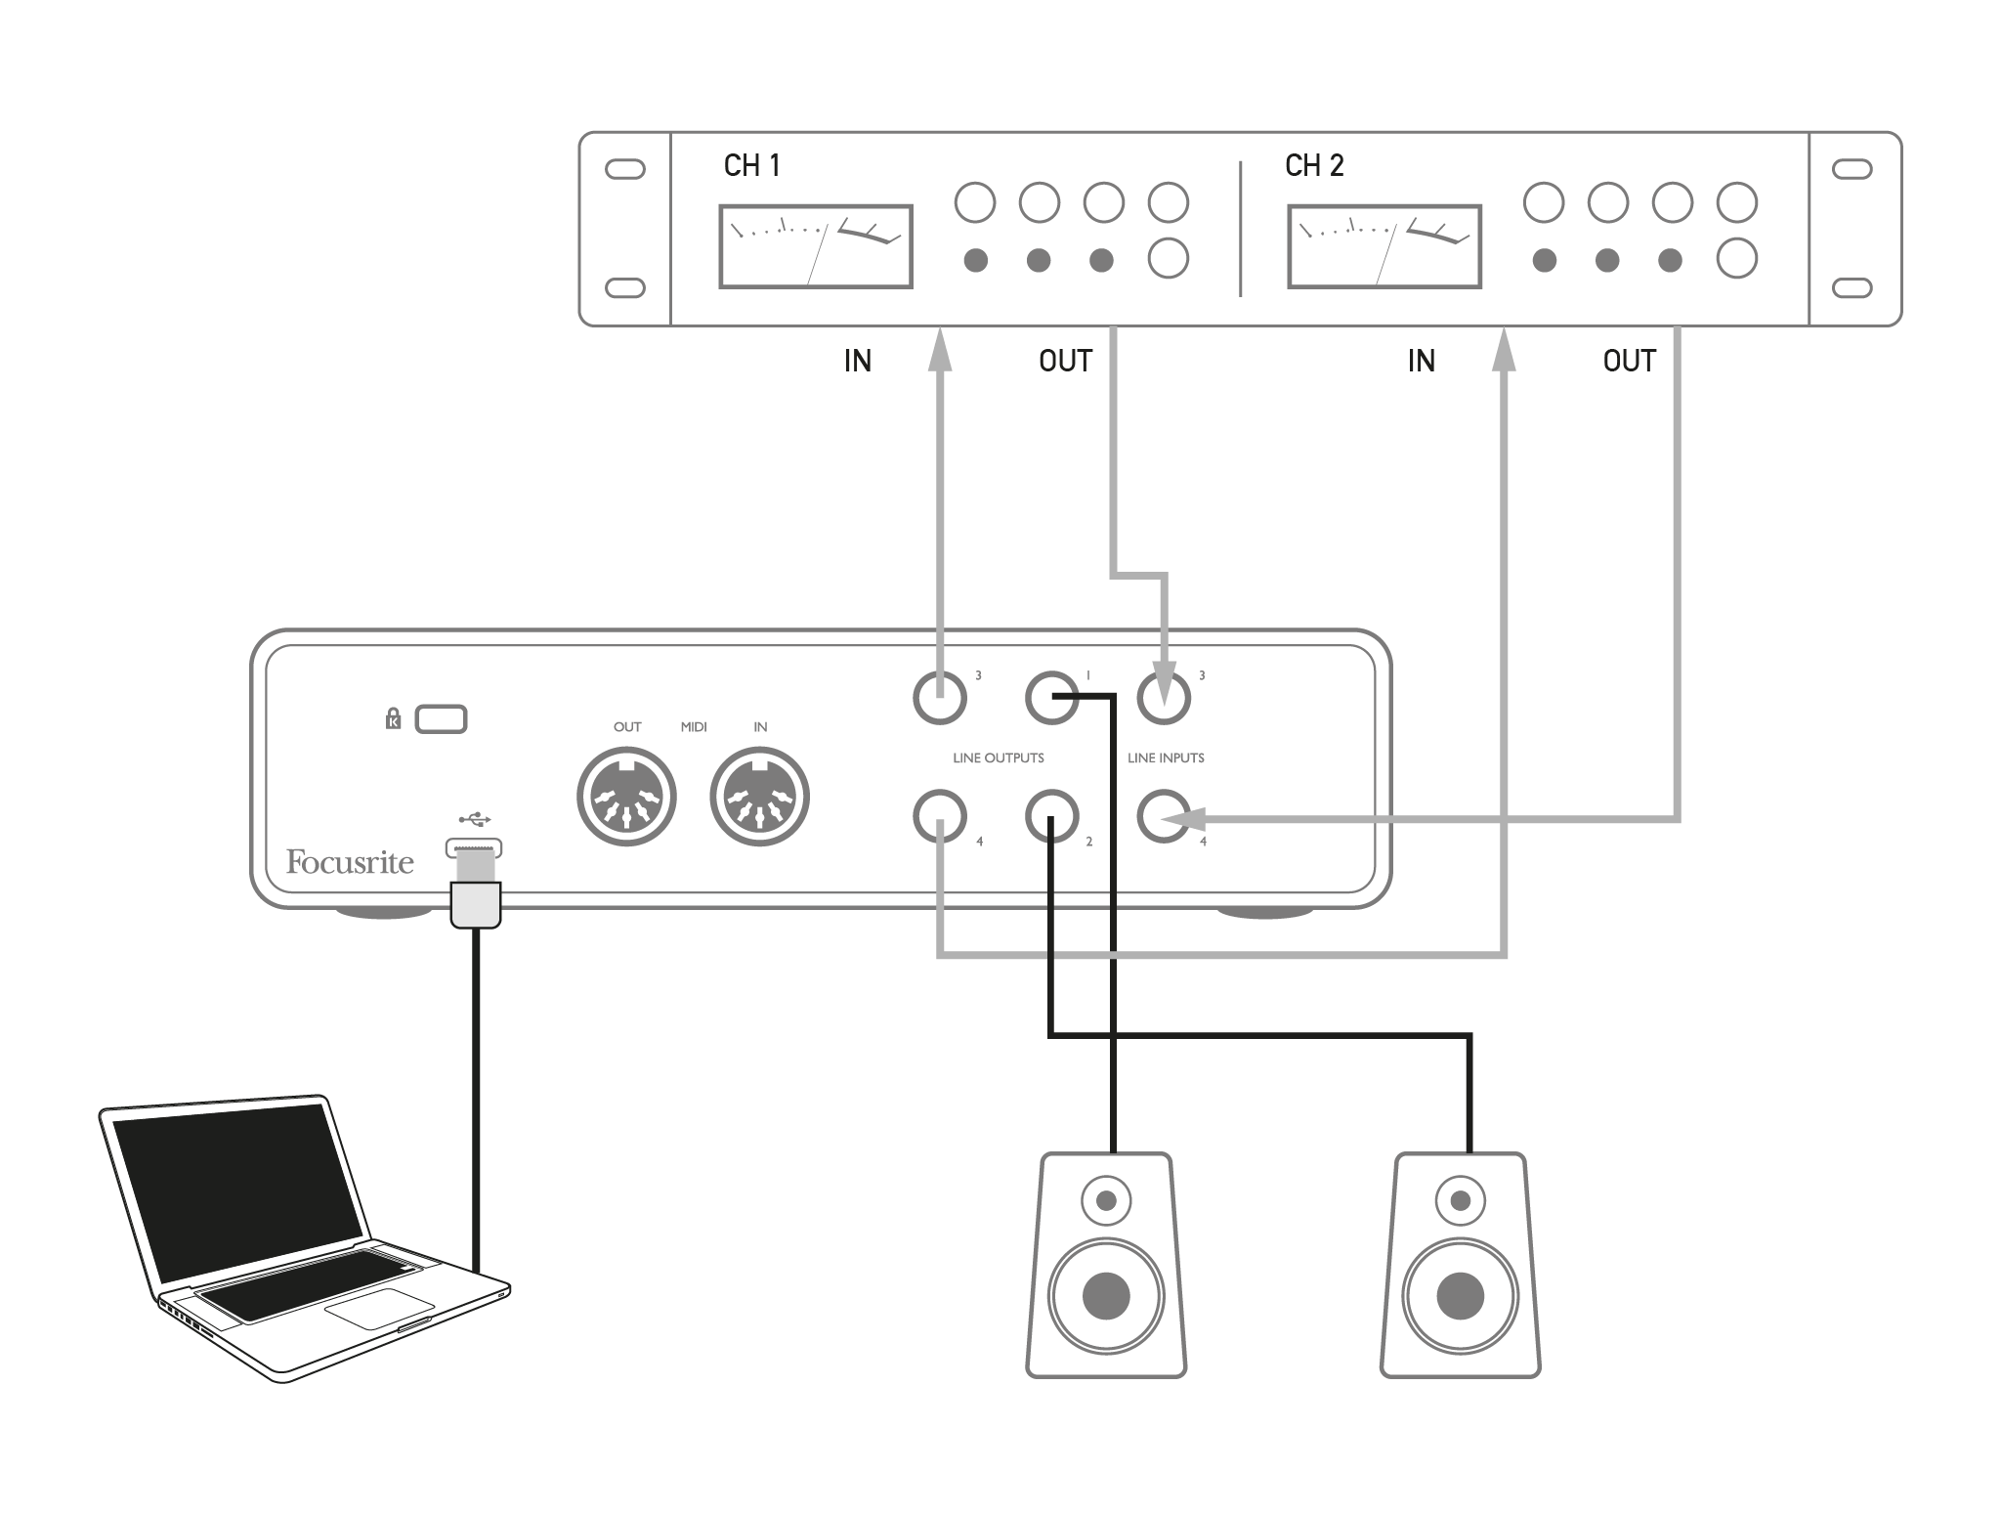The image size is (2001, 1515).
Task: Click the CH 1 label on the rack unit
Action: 751,166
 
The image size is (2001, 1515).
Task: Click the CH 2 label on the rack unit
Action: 1314,166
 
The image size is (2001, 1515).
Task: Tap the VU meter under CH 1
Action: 816,246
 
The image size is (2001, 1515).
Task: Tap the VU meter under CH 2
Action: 1384,246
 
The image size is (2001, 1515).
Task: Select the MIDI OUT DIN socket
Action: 626,797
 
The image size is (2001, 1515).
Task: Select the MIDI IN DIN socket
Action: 759,797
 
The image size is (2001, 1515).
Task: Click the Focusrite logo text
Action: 350,862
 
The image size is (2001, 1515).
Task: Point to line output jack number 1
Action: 1051,698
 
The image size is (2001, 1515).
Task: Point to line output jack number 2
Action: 1051,815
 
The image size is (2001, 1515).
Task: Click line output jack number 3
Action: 940,698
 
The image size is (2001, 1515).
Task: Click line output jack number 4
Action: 940,815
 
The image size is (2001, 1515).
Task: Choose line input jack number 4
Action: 1164,815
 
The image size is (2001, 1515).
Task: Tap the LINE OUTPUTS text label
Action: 998,757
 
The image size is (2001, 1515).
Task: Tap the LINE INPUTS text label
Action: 1166,757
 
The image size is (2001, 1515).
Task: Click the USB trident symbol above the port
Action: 475,818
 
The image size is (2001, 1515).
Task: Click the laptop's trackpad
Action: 379,1308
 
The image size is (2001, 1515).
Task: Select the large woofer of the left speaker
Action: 1106,1296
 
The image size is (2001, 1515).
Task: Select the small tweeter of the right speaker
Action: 1461,1200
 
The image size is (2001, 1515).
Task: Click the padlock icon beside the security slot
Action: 394,719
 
